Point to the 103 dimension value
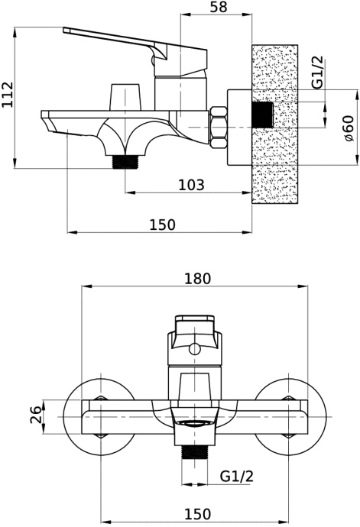[x=190, y=185]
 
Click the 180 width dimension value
[x=197, y=279]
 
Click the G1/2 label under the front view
[x=237, y=476]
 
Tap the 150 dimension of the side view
[x=161, y=224]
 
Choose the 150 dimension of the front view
[x=197, y=515]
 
